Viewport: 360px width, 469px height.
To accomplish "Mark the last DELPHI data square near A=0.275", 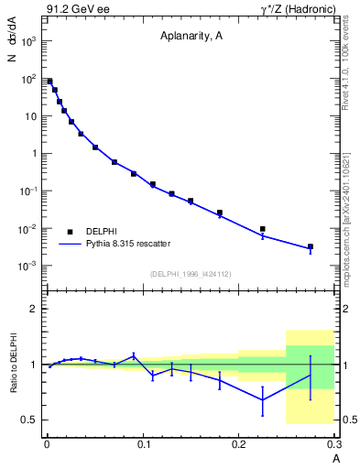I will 311,246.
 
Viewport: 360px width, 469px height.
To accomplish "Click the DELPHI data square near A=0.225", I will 263,229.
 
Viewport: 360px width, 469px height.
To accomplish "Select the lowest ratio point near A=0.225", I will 263,399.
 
